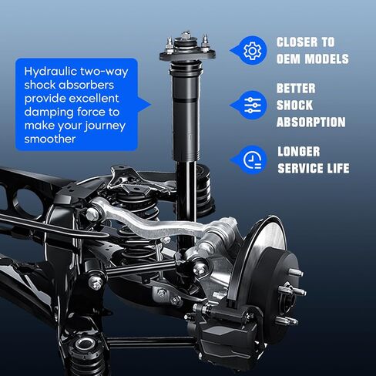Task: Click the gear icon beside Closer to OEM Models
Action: [x=251, y=51]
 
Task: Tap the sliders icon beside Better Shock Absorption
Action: [x=251, y=106]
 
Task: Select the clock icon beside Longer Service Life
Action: [x=251, y=159]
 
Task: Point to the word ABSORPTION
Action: [x=311, y=122]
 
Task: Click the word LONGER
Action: [x=298, y=151]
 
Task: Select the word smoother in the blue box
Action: [x=49, y=140]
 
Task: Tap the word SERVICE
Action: [x=303, y=168]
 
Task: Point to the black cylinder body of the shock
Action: [x=187, y=116]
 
